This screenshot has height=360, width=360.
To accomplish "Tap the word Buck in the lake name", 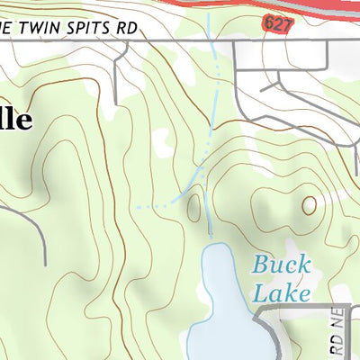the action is point(281,265).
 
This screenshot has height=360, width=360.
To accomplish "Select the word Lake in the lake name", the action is point(281,292).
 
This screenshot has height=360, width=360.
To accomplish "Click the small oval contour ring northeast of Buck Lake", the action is point(310,205).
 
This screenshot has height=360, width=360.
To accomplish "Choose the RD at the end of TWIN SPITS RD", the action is point(128,27).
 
